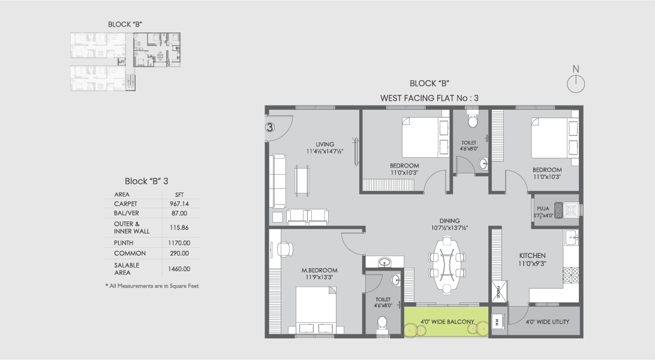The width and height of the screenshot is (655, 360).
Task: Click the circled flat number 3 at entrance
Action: coord(270,127)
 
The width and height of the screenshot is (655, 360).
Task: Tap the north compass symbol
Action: coord(576,83)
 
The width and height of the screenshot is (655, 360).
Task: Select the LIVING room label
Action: coord(325,144)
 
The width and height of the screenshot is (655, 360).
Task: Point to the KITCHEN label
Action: coord(532,256)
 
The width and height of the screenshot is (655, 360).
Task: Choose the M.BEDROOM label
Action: coord(319,270)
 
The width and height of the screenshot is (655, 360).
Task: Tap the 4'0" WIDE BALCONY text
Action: coord(447,322)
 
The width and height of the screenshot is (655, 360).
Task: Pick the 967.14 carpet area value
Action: coord(179,204)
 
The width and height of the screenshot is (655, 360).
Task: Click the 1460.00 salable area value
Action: coord(179,269)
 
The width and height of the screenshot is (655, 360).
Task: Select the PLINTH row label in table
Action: coord(124,242)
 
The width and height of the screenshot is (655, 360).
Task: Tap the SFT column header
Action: coord(179,194)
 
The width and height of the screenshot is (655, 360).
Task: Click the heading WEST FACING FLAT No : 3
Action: coord(429,97)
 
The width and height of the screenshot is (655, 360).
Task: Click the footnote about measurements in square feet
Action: coord(152,286)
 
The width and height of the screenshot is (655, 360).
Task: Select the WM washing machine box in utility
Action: coord(497,322)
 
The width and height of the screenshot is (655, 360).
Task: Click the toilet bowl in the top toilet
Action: coord(472,121)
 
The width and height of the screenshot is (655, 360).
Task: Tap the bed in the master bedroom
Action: coord(315,309)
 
